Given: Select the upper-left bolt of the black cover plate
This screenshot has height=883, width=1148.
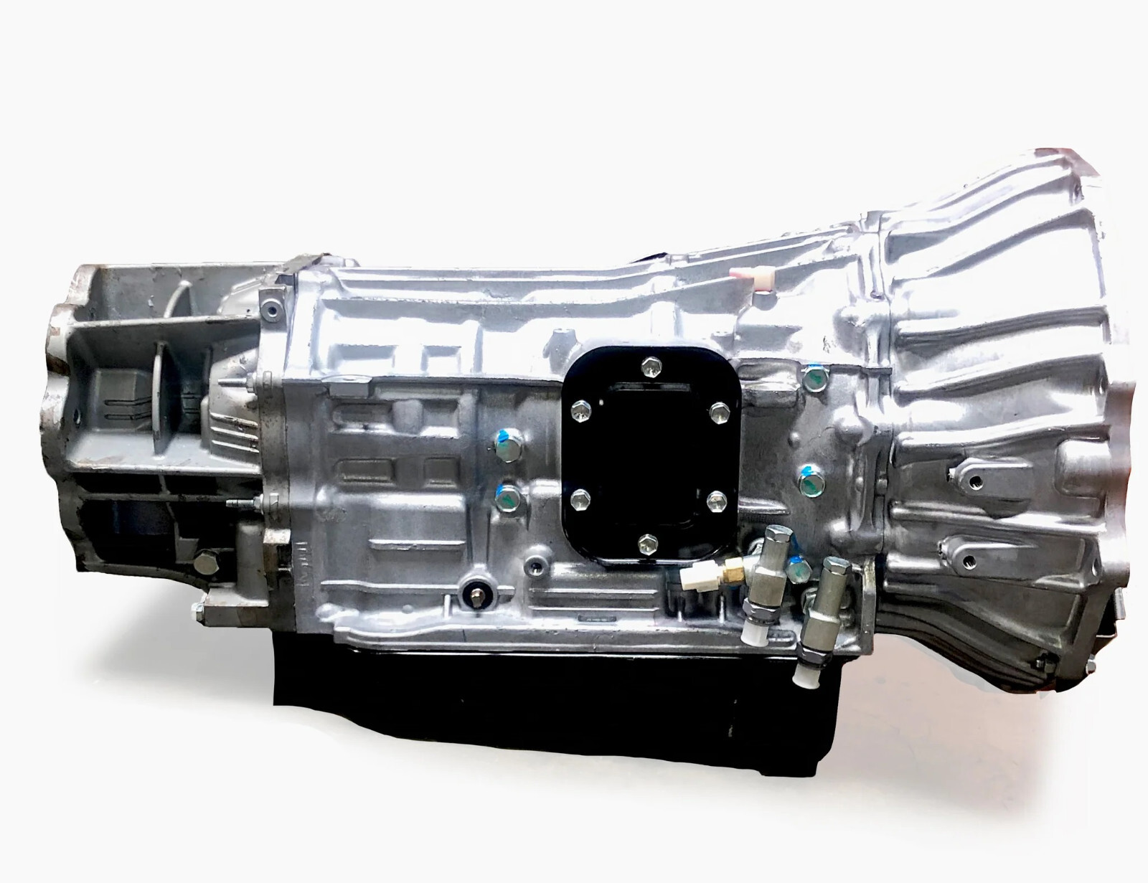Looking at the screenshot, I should pos(578,410).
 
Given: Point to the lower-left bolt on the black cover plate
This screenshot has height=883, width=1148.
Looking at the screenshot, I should pos(579,496).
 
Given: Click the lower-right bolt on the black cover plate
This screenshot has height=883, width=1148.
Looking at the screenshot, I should pos(714,499).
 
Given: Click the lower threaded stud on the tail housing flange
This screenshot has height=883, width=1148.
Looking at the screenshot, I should pos(235,504).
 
